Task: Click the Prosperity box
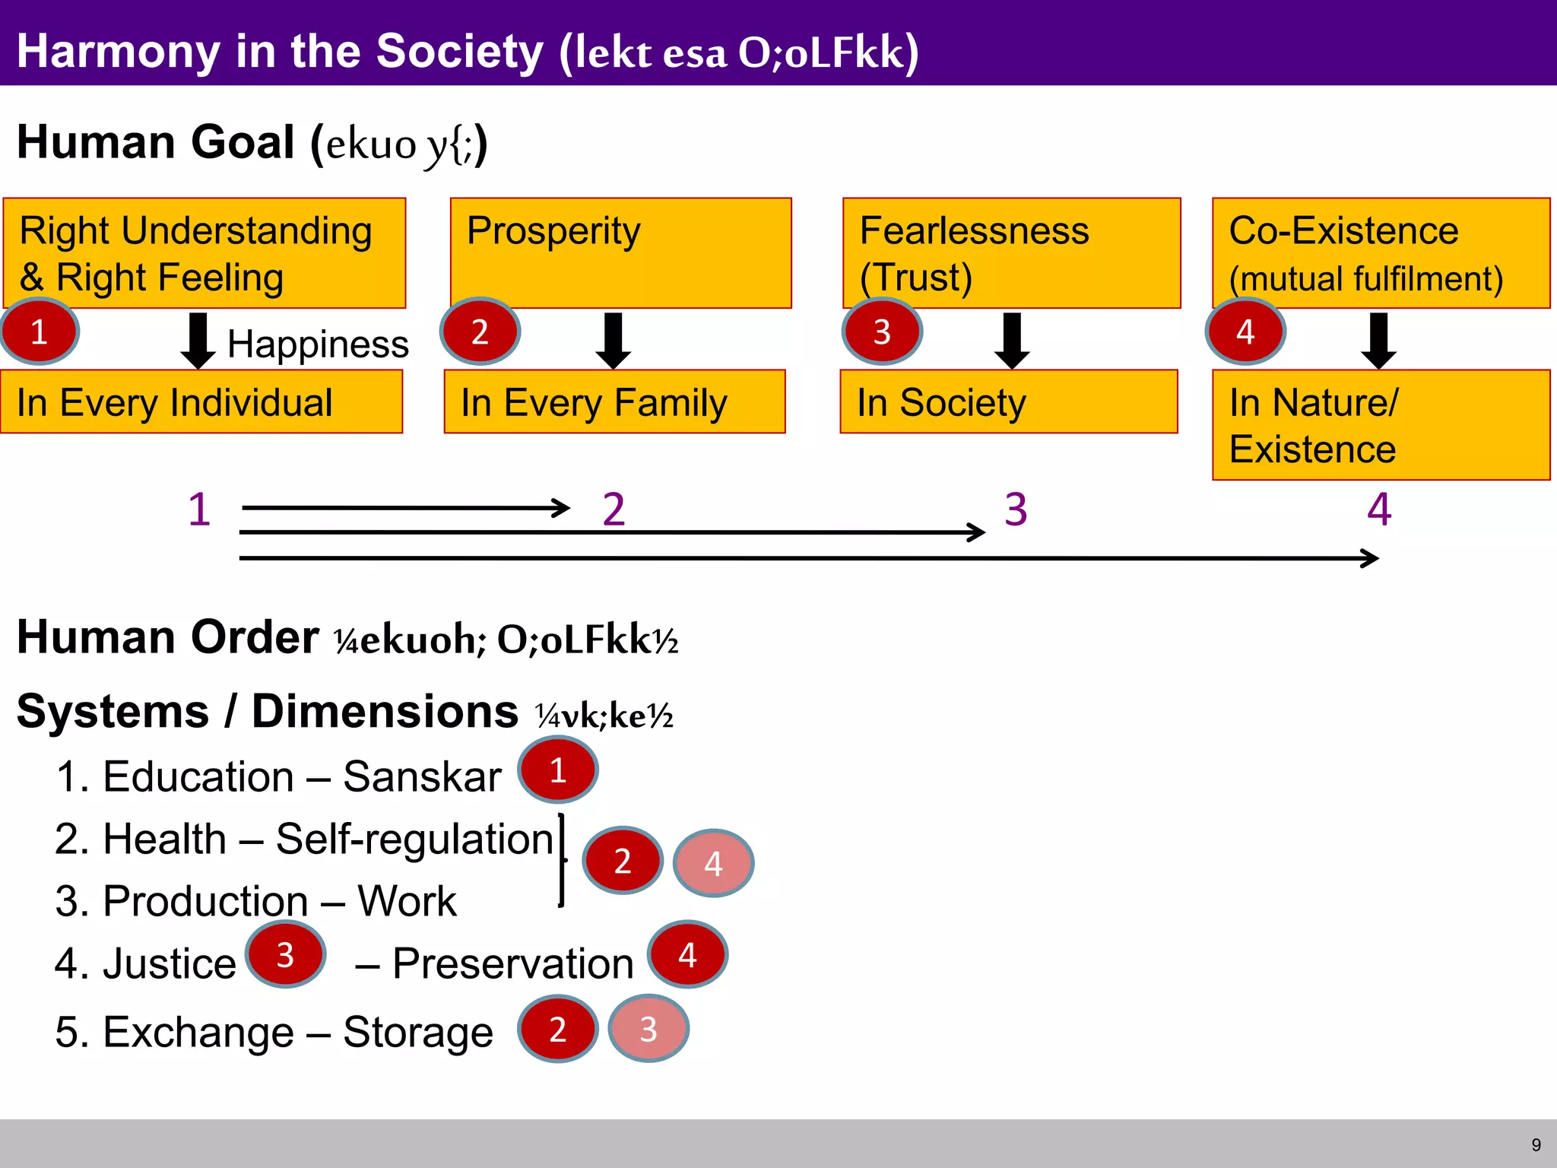(x=620, y=252)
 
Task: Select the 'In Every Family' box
(x=614, y=401)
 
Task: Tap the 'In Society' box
(x=1008, y=401)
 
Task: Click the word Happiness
(x=318, y=344)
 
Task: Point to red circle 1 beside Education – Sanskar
(x=558, y=770)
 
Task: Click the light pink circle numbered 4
(x=713, y=863)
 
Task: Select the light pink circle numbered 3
(x=648, y=1029)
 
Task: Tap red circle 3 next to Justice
(x=285, y=955)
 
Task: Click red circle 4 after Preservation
(x=687, y=955)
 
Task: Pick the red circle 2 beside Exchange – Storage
(x=557, y=1029)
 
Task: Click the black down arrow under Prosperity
(x=613, y=340)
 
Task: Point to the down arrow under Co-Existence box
(x=1378, y=340)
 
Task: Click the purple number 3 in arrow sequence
(x=1016, y=509)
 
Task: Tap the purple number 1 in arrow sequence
(x=199, y=509)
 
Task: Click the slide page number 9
(x=1536, y=1145)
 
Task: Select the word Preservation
(x=512, y=964)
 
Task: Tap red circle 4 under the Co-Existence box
(x=1245, y=332)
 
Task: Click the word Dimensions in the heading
(x=385, y=712)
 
